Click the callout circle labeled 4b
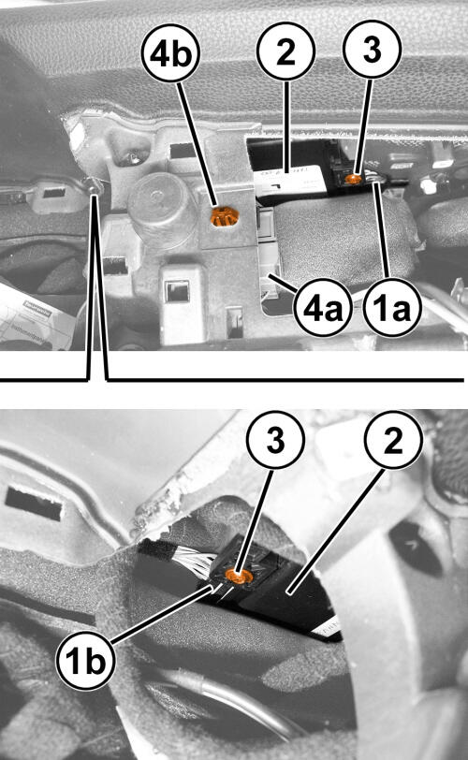click(x=170, y=52)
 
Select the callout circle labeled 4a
click(x=322, y=307)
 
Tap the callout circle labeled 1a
click(x=392, y=307)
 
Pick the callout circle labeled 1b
click(x=86, y=661)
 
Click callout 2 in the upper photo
click(x=285, y=51)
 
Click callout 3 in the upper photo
click(x=372, y=49)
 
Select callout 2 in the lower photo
click(x=393, y=440)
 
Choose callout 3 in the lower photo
click(x=275, y=440)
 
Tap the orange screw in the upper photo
click(x=353, y=179)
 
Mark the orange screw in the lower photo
click(x=239, y=577)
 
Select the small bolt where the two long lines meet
click(x=94, y=184)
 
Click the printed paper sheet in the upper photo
click(x=33, y=317)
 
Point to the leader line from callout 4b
click(x=197, y=145)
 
